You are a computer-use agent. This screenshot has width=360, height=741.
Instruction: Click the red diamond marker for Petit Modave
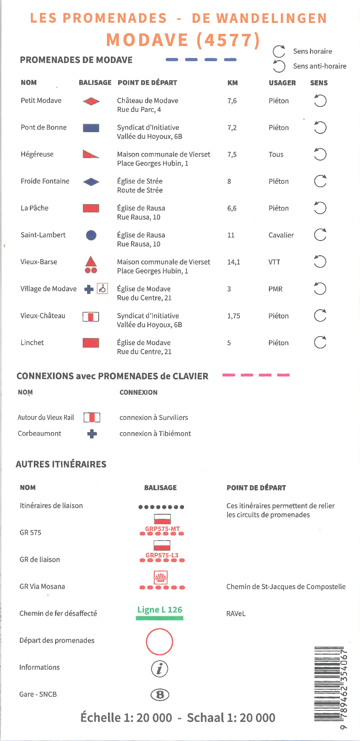point(91,101)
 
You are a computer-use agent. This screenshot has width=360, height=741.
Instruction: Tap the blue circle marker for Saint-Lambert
point(91,235)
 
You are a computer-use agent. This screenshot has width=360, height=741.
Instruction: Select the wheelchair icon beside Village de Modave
point(103,289)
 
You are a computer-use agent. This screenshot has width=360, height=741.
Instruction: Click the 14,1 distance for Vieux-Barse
point(233,262)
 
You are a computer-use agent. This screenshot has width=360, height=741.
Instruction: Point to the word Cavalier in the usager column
point(281,235)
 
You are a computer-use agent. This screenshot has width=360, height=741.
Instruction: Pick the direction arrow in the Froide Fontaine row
point(320,181)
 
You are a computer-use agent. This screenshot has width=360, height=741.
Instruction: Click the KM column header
point(233,83)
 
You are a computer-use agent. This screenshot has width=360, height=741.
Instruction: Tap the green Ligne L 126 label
point(159,610)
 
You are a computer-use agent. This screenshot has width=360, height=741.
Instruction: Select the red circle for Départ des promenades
point(159,641)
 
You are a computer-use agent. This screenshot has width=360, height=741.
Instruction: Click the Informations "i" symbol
point(159,669)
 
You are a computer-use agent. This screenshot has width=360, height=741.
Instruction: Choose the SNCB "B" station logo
point(160,695)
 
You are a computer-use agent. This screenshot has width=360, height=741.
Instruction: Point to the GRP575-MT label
point(162,529)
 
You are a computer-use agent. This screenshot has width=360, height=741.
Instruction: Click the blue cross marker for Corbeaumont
point(92,434)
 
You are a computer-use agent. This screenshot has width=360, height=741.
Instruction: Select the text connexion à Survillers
point(154,417)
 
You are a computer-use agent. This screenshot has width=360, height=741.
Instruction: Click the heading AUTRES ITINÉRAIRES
point(61,464)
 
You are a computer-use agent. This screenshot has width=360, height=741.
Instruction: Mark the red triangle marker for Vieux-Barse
point(91,262)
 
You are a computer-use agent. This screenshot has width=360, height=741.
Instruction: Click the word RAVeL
point(236,614)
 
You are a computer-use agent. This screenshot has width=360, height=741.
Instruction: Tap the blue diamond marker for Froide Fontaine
point(91,182)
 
